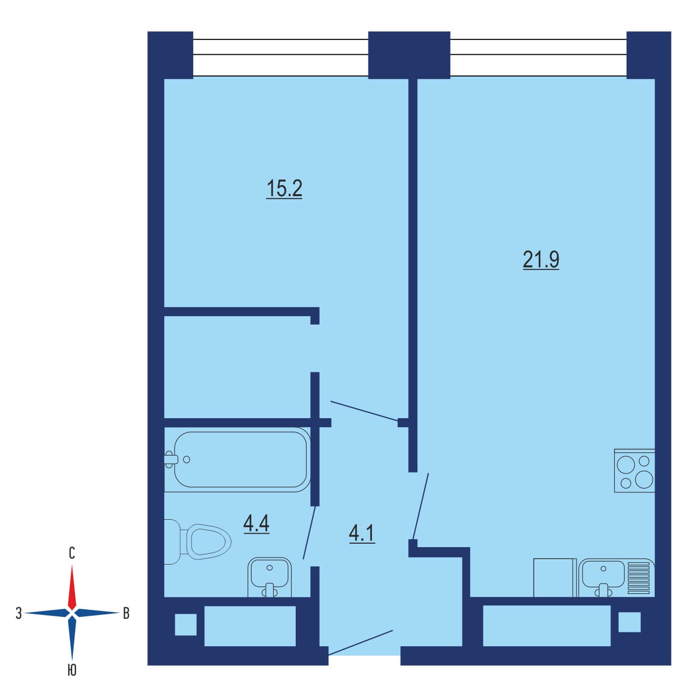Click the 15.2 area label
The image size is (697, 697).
[284, 189]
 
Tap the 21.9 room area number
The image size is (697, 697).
[541, 260]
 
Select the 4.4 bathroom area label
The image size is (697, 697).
[256, 523]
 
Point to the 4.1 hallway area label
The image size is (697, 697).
[362, 534]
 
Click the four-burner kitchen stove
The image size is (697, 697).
[634, 470]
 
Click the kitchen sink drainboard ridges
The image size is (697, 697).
[638, 578]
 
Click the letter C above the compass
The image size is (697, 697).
[72, 553]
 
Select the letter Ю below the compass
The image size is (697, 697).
[72, 671]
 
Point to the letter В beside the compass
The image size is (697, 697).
[126, 613]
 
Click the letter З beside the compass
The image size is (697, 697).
[19, 613]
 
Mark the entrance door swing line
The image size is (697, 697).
[360, 643]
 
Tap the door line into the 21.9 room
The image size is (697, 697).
[420, 506]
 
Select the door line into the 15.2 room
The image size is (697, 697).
[364, 411]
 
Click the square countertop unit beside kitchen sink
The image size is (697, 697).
[555, 578]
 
